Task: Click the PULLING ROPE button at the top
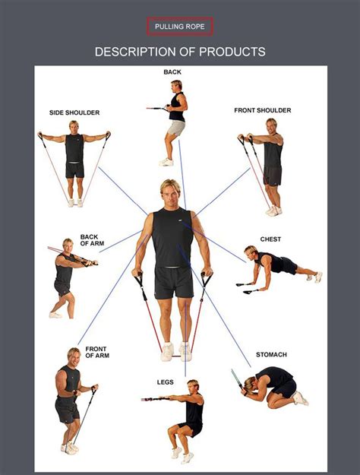180,27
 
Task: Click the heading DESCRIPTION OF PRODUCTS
180,52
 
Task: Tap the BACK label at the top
172,72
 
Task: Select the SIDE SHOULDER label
74,112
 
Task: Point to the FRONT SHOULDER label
262,110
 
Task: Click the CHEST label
270,239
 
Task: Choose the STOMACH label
271,354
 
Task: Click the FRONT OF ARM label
96,352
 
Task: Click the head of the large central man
171,193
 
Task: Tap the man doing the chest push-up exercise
277,266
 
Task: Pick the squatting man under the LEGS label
187,418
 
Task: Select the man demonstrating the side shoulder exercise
74,160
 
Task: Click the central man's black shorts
173,281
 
